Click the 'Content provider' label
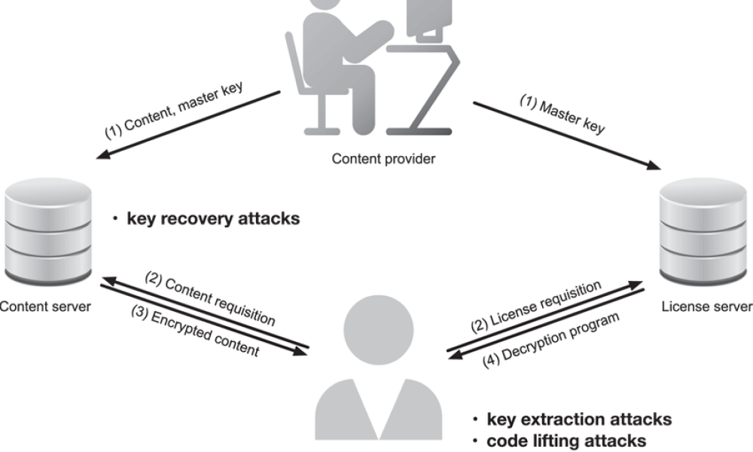point(383,159)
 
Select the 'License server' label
point(706,307)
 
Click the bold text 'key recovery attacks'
point(213,219)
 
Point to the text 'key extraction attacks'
point(579,419)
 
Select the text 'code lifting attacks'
point(566,439)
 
